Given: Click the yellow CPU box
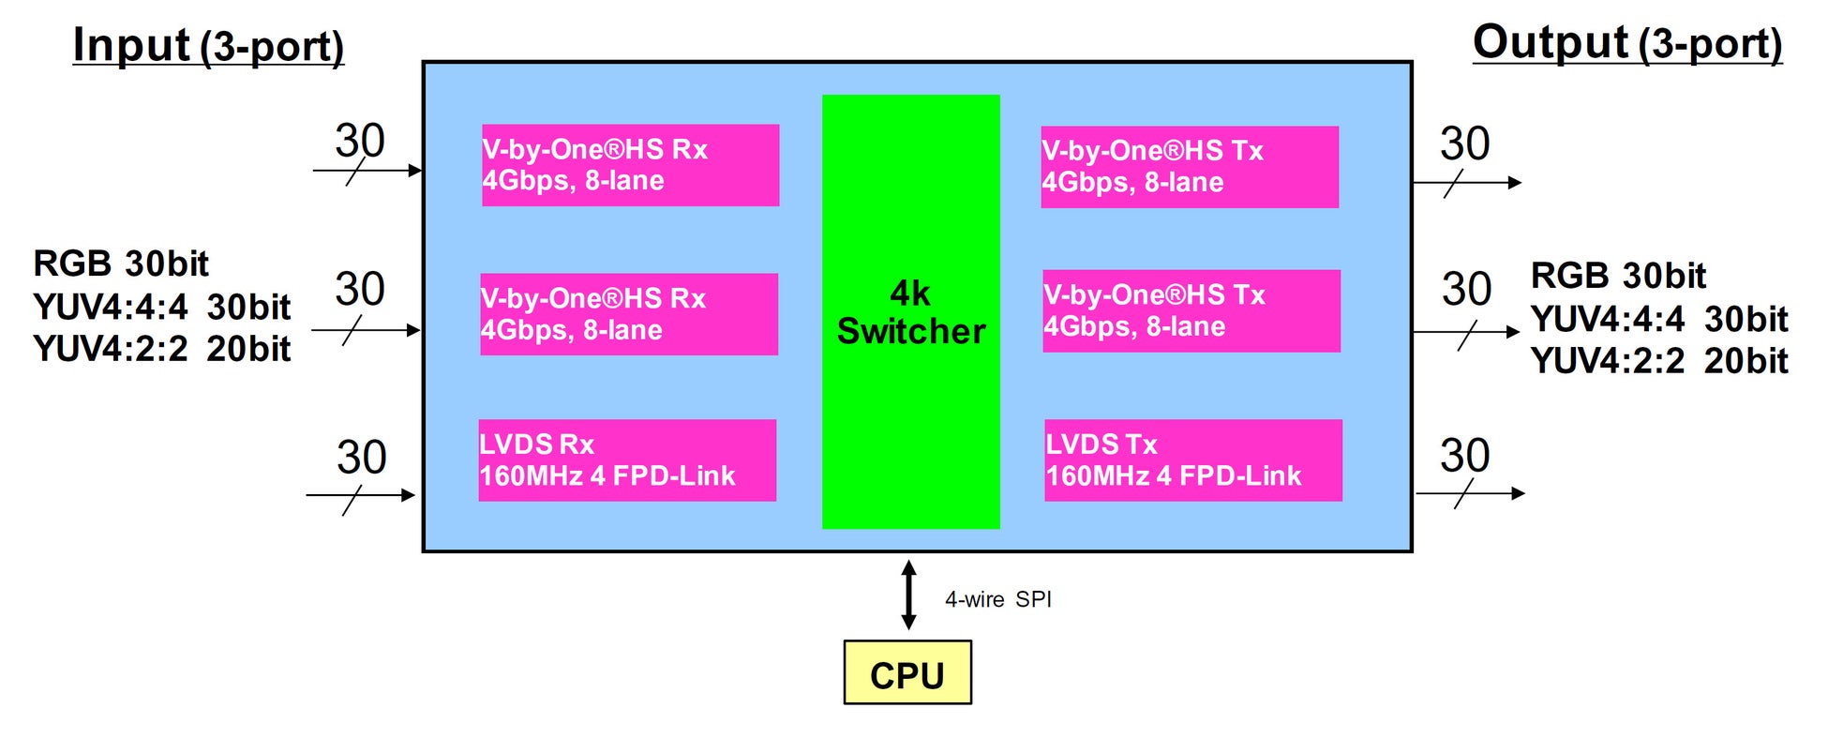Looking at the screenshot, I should (907, 672).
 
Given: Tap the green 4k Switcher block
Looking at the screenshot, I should (910, 311).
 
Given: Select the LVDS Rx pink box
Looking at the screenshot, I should (627, 460).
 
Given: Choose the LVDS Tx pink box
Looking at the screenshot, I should (1192, 460).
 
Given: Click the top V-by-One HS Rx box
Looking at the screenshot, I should (630, 165).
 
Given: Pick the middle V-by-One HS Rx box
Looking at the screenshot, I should (628, 314).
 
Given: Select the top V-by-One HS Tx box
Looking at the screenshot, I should (1189, 167).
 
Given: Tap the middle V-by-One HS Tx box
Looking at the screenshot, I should (1191, 311).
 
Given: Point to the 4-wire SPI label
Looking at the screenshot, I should (997, 599).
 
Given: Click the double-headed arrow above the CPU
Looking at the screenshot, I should (908, 595).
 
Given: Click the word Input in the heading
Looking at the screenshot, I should (131, 45).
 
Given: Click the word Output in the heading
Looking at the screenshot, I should (1551, 42).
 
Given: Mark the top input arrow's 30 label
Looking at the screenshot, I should (360, 142).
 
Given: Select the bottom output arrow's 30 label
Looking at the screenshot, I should (1464, 456).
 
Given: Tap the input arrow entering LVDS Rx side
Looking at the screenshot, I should (361, 495).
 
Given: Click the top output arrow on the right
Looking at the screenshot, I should (1466, 183).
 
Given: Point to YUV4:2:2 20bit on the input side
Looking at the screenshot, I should (161, 349).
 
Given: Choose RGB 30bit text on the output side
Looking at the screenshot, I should (1618, 276).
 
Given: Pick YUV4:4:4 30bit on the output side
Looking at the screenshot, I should (1659, 319).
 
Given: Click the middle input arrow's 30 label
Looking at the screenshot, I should (360, 289).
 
